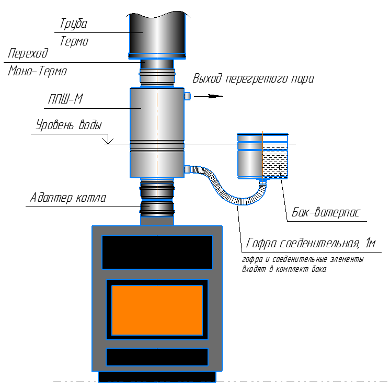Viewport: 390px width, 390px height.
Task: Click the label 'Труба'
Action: pyautogui.click(x=73, y=24)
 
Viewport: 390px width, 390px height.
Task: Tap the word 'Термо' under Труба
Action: pyautogui.click(x=74, y=41)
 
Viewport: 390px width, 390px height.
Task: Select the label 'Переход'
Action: pyautogui.click(x=28, y=53)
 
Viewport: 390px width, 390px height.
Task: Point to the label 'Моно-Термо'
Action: pyautogui.click(x=38, y=71)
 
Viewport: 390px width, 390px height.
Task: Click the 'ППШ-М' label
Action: pyautogui.click(x=65, y=99)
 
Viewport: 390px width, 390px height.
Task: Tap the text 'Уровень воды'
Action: pyautogui.click(x=69, y=124)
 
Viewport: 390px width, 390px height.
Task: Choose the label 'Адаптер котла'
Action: pyautogui.click(x=68, y=198)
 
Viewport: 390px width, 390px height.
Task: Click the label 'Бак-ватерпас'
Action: pyautogui.click(x=326, y=213)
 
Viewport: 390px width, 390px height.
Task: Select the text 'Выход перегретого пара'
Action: pyautogui.click(x=253, y=78)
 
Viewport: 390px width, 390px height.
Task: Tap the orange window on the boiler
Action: pyautogui.click(x=157, y=310)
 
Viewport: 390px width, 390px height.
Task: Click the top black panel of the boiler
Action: pyautogui.click(x=157, y=252)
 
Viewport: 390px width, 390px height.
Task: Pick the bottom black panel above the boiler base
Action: pyautogui.click(x=157, y=357)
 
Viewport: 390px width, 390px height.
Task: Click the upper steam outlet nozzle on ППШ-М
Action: pyautogui.click(x=187, y=96)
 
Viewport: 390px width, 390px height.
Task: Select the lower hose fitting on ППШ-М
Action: pyautogui.click(x=187, y=169)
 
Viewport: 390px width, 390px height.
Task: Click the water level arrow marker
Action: pyautogui.click(x=108, y=141)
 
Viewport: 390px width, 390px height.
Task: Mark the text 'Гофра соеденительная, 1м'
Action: pyautogui.click(x=311, y=243)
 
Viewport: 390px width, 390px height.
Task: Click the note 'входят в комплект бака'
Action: pyautogui.click(x=284, y=269)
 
